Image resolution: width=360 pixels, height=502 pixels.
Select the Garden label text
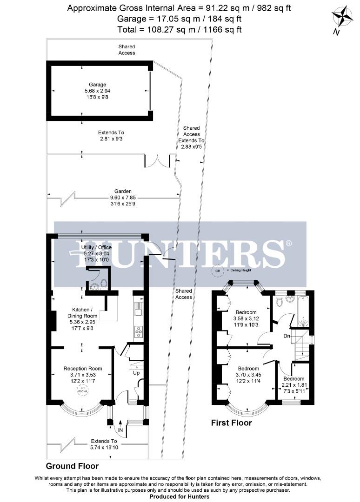pyautogui.click(x=124, y=191)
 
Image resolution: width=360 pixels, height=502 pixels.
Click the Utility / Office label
pyautogui.click(x=96, y=247)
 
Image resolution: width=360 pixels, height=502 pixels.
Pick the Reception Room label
pyautogui.click(x=83, y=369)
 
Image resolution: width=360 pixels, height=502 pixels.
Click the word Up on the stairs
pyautogui.click(x=136, y=373)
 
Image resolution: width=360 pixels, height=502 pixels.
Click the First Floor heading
pyautogui.click(x=231, y=423)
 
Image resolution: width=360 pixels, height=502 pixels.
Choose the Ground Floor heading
pyautogui.click(x=72, y=466)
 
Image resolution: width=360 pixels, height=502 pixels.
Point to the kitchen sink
pyautogui.click(x=138, y=307)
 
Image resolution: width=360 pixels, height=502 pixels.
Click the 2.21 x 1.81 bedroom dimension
pyautogui.click(x=294, y=385)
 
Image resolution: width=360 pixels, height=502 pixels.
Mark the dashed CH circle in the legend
pyautogui.click(x=217, y=270)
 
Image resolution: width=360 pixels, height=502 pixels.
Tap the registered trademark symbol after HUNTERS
pyautogui.click(x=288, y=243)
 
